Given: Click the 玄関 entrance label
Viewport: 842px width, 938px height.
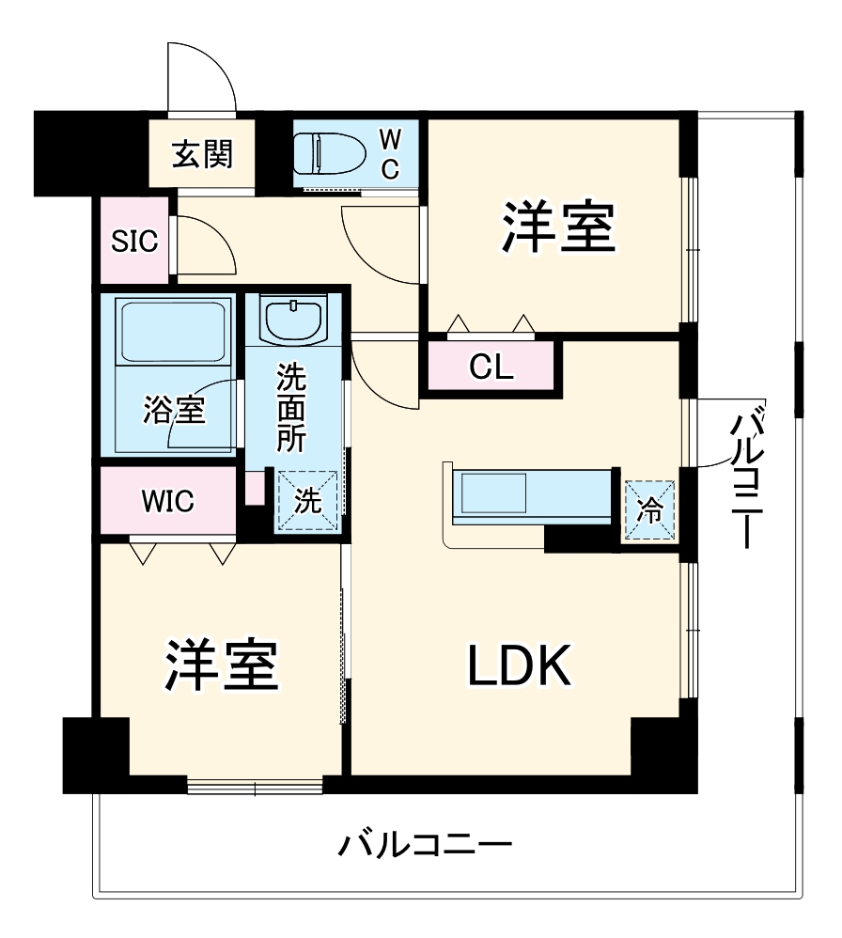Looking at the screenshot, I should (202, 152).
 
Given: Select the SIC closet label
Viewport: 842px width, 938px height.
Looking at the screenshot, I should (135, 242).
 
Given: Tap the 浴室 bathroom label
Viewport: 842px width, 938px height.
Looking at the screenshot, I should (175, 411).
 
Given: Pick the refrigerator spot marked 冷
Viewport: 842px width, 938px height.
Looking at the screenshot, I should (650, 511).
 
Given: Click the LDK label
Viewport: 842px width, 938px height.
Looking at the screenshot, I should (520, 667).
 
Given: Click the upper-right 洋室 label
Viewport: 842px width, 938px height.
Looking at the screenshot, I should (557, 227).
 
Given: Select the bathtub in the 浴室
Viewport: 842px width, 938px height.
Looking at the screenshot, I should (175, 348).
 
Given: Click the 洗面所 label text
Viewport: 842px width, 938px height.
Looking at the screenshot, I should (290, 411).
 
